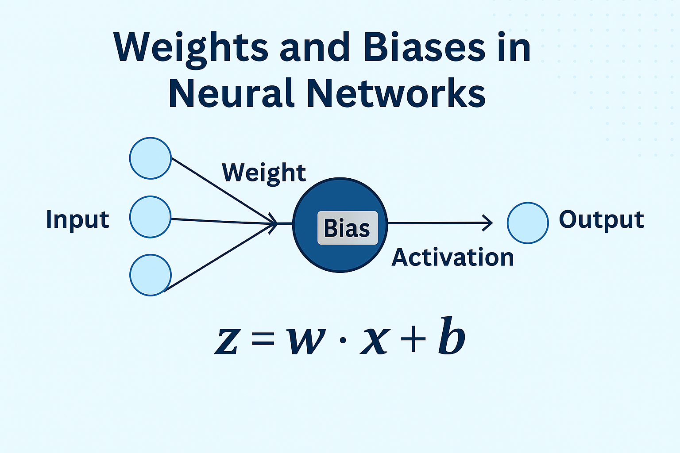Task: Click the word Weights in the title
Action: (x=190, y=48)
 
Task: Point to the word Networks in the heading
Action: (x=396, y=93)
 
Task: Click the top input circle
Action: (x=151, y=158)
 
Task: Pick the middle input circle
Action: (x=151, y=217)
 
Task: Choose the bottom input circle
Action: (x=151, y=275)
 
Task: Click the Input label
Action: (x=77, y=220)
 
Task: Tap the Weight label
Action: (x=264, y=173)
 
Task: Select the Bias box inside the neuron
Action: (x=347, y=228)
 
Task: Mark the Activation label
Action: (x=452, y=257)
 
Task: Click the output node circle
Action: (x=528, y=223)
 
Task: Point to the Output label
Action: (x=601, y=220)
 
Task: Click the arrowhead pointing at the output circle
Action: (x=488, y=223)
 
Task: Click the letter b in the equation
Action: (x=452, y=336)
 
